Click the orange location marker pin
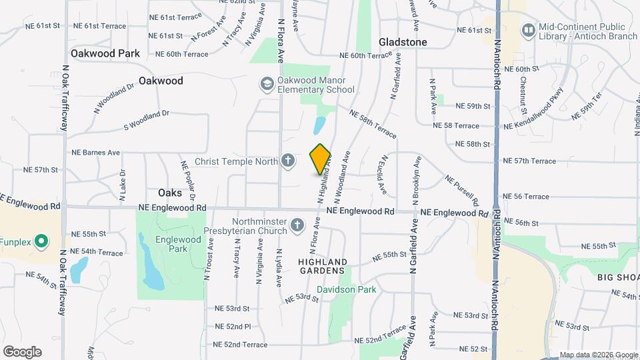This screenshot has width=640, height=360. click(321, 159)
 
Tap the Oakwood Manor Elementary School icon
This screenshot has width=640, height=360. click(267, 83)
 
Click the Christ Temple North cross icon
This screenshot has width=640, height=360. click(287, 161)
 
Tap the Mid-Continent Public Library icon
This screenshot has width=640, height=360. click(529, 30)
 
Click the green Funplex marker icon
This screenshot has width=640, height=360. click(41, 241)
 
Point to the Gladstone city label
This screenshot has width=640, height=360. click(403, 42)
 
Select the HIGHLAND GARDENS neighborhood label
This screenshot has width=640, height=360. click(321, 265)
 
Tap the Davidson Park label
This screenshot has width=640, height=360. click(346, 289)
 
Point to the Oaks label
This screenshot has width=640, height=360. click(170, 193)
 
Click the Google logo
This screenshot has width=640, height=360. click(22, 351)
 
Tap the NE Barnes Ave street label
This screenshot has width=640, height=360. click(96, 153)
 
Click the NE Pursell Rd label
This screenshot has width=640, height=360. click(461, 191)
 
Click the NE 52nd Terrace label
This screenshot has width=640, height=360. click(239, 345)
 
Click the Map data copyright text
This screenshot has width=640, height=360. click(598, 355)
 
